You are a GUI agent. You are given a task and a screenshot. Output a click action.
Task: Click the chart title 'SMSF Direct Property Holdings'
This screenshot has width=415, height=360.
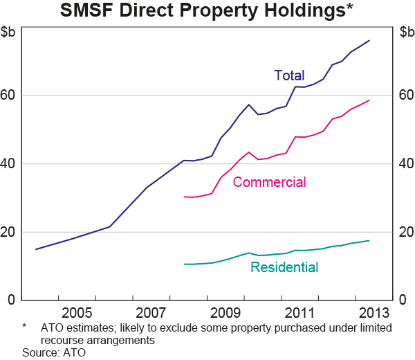click(207, 11)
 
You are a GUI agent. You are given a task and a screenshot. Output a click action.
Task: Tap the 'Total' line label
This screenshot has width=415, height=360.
click(288, 75)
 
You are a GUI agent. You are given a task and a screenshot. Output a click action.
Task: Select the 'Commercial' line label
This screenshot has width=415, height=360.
click(269, 182)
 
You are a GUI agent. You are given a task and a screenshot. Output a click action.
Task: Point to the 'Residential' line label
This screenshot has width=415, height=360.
click(284, 268)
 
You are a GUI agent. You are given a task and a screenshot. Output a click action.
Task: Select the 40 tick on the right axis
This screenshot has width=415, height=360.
click(405, 163)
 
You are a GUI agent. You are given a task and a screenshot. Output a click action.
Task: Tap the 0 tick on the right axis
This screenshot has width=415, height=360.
click(402, 300)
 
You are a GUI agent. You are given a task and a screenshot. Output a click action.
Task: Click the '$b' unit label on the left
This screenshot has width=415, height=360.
click(11, 32)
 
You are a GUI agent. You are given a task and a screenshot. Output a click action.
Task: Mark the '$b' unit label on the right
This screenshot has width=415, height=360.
click(406, 32)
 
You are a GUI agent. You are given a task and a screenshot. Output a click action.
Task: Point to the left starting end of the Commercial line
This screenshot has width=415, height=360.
click(183, 197)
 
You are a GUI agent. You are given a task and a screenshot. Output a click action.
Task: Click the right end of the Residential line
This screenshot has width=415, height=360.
click(369, 241)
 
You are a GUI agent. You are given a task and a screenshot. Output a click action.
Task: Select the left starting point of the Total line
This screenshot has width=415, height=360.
click(36, 249)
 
